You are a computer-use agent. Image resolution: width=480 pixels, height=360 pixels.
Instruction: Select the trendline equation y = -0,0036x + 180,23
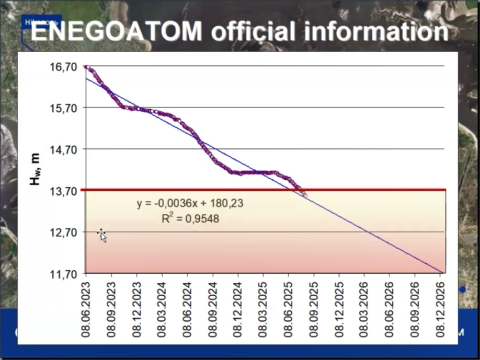click(x=190, y=203)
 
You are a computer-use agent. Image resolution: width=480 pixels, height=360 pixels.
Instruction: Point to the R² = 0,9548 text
click(x=190, y=218)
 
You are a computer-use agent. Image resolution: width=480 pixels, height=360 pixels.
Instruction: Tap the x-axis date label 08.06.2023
click(x=86, y=309)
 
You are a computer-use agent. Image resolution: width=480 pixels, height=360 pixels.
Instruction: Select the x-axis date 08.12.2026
click(x=441, y=309)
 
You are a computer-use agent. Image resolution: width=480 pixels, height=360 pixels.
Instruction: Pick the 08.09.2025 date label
click(x=314, y=309)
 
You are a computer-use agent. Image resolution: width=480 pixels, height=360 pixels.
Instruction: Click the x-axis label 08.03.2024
click(x=162, y=309)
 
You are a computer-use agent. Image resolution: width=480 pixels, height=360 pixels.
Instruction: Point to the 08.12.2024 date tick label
click(x=238, y=309)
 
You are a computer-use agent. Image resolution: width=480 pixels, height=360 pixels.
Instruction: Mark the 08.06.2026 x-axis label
click(x=390, y=309)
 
